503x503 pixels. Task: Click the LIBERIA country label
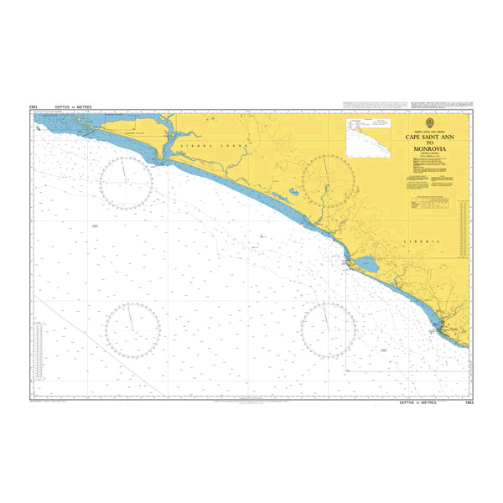tap(421, 241)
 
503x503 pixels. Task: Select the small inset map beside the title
tap(371, 137)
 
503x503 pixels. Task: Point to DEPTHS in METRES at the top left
tap(70, 107)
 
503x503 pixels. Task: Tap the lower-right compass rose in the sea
tap(329, 329)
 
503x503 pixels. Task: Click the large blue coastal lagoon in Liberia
tap(367, 267)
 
